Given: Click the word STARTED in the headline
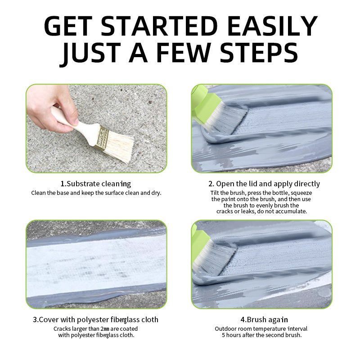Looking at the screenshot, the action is (159, 26).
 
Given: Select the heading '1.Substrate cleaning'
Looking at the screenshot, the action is (95, 184).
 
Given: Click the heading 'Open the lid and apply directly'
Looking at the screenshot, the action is (268, 184).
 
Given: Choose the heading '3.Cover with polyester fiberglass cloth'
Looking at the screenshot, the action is (95, 319).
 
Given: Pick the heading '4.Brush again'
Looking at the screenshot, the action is (264, 319).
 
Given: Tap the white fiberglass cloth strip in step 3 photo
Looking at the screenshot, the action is (96, 265).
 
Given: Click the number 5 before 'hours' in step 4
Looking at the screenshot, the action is (223, 335).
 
